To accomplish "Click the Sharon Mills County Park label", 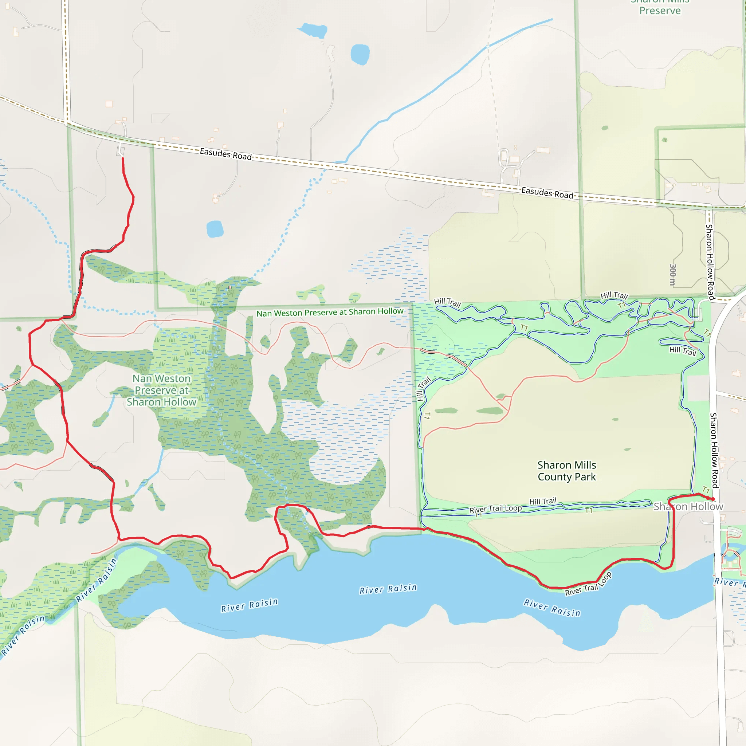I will [x=566, y=471].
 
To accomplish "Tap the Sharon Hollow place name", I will [x=688, y=506].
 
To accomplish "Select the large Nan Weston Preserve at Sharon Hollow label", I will [x=161, y=390].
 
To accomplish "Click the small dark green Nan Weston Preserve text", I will [x=330, y=312].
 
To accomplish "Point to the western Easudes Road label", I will [x=225, y=154].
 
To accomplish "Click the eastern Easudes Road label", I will [x=547, y=192].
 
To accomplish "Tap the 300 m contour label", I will [x=673, y=275].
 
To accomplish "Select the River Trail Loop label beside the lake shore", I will [x=588, y=584].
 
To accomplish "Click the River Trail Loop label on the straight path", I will [x=495, y=509].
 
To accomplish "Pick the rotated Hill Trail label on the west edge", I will [x=423, y=388].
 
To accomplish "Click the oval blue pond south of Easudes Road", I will [x=215, y=229].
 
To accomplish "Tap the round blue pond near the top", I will [x=360, y=54].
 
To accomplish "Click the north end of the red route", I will [x=123, y=158].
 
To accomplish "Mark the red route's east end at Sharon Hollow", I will [x=713, y=500].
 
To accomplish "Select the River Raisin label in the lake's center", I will [x=388, y=589].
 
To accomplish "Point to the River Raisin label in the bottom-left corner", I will [x=23, y=635].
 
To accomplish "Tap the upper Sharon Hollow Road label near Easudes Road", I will [x=710, y=262].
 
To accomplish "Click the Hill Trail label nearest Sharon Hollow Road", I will [x=683, y=351].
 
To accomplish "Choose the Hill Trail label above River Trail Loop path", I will [x=543, y=501].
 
